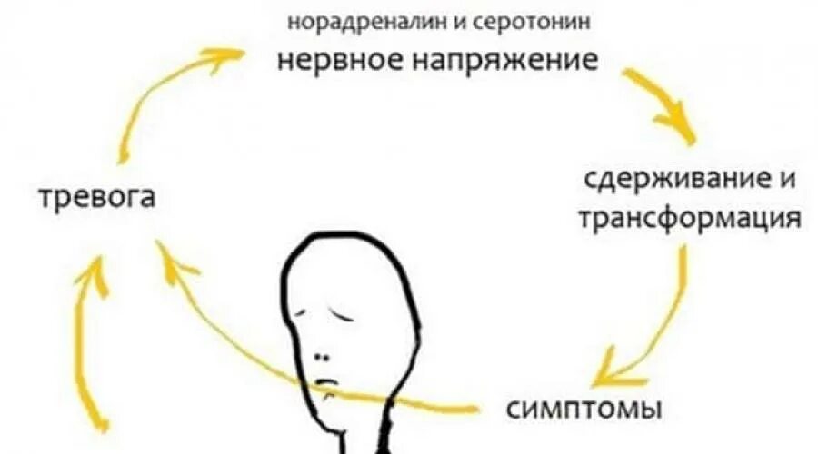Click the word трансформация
click(691, 219)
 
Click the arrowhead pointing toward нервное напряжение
click(224, 57)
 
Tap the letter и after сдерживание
click(787, 180)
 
